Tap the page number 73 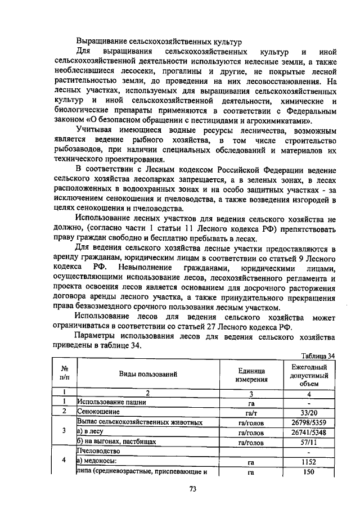pos(192,489)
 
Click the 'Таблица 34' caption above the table pos(318,356)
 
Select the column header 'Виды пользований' pos(148,374)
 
